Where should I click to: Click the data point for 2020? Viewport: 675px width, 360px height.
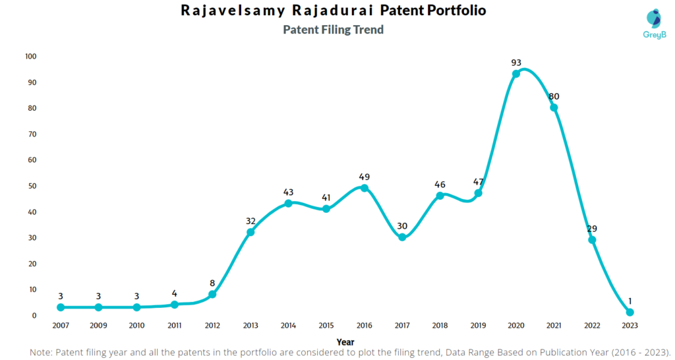pos(516,74)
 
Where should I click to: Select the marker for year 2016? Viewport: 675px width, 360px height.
pos(365,188)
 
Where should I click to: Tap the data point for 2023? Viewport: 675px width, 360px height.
pos(630,312)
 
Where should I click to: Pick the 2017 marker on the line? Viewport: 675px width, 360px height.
pos(402,237)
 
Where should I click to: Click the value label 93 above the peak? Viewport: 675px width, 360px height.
pos(516,63)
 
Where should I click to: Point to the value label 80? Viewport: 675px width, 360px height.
pos(554,96)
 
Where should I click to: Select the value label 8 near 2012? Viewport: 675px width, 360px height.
pos(212,283)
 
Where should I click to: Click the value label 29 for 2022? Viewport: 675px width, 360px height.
pos(592,229)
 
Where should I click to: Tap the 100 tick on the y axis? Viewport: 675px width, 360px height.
pos(30,57)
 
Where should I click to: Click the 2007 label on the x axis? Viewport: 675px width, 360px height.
pos(61,325)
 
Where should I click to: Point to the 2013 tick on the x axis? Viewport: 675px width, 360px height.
pos(250,325)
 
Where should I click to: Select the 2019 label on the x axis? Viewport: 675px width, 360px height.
pos(478,325)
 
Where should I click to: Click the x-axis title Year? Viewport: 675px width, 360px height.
pos(345,342)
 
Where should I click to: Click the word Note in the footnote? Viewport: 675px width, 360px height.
pos(42,352)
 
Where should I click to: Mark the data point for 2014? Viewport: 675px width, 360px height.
pos(289,203)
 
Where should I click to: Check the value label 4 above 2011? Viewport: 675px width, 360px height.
pos(175,293)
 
